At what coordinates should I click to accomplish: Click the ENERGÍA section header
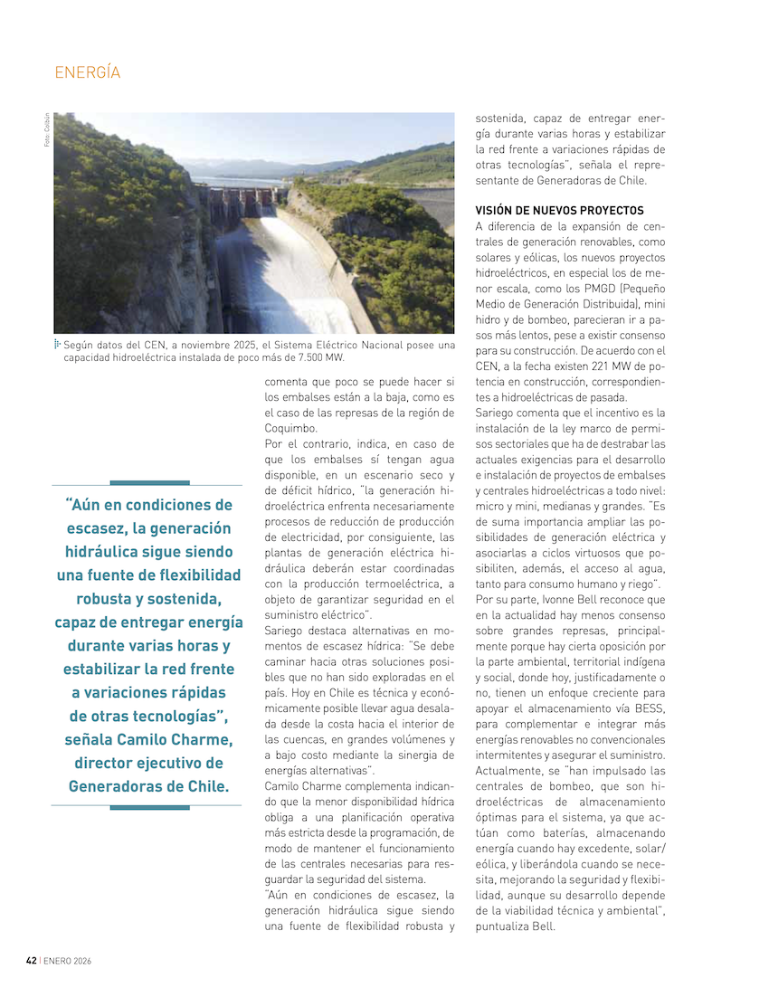[88, 72]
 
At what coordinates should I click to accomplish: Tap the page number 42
[31, 960]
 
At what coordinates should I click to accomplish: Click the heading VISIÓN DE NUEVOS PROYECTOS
[559, 210]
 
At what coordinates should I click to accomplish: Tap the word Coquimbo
[291, 428]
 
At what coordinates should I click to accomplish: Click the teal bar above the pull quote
[148, 483]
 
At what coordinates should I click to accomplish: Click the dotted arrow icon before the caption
[57, 344]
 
